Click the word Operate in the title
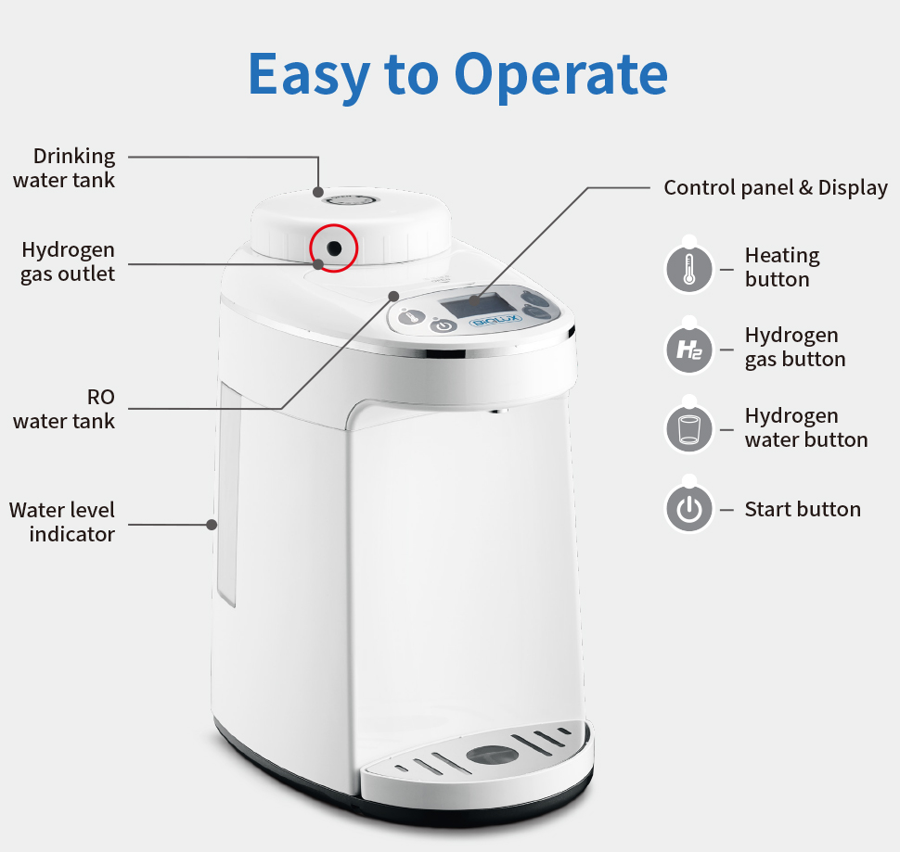(x=560, y=75)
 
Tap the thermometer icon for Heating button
(x=688, y=269)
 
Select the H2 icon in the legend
(x=688, y=350)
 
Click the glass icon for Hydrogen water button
(x=688, y=429)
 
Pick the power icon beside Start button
(x=688, y=509)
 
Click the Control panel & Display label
(x=776, y=187)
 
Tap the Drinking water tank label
(x=64, y=168)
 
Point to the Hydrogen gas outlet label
(x=68, y=261)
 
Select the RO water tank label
(x=64, y=409)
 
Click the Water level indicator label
(x=62, y=522)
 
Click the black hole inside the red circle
(x=334, y=248)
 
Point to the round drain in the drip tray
(x=492, y=755)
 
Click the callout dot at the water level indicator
(x=212, y=525)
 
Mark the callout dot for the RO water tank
(x=393, y=296)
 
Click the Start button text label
(x=803, y=509)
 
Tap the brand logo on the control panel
(x=495, y=321)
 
